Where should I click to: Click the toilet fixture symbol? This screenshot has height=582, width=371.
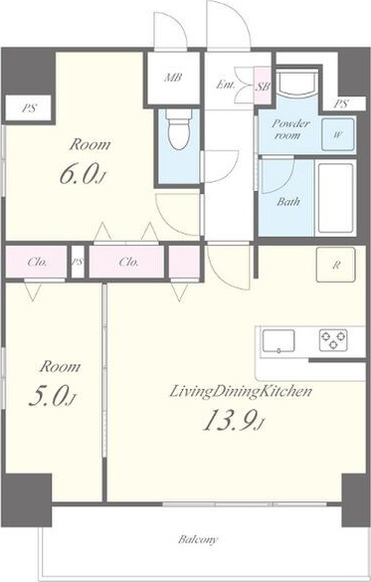pyautogui.click(x=179, y=128)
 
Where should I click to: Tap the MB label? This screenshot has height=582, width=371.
pyautogui.click(x=173, y=78)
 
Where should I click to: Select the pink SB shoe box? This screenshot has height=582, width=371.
pyautogui.click(x=263, y=86)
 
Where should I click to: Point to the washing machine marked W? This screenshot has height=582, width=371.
pyautogui.click(x=337, y=134)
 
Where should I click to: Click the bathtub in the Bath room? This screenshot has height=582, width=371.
pyautogui.click(x=335, y=198)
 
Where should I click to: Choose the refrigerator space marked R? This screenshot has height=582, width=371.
pyautogui.click(x=336, y=265)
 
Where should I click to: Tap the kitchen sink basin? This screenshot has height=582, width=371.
pyautogui.click(x=278, y=341)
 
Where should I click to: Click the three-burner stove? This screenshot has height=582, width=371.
pyautogui.click(x=333, y=340)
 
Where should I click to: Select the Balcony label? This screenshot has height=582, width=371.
pyautogui.click(x=198, y=539)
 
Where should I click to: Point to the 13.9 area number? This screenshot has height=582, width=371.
pyautogui.click(x=234, y=420)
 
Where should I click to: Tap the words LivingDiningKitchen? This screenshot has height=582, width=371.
pyautogui.click(x=240, y=392)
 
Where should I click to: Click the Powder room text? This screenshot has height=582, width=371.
pyautogui.click(x=290, y=128)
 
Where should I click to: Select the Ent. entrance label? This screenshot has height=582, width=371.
pyautogui.click(x=225, y=85)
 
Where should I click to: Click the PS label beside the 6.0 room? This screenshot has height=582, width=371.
pyautogui.click(x=29, y=108)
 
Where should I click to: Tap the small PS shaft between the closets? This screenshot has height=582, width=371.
pyautogui.click(x=78, y=262)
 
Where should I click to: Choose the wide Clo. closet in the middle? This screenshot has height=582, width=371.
pyautogui.click(x=126, y=262)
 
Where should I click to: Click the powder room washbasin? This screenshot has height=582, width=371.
pyautogui.click(x=297, y=85)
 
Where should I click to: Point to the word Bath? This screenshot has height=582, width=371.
pyautogui.click(x=287, y=202)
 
